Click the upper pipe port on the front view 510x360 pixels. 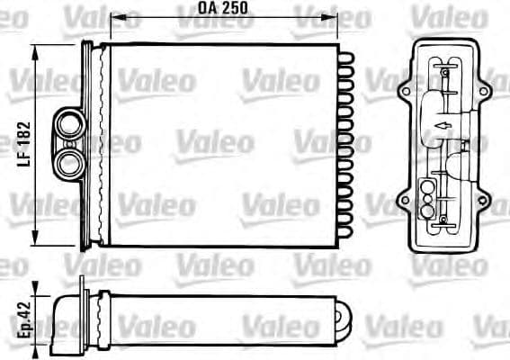point(69,123)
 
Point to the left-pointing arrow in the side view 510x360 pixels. point(441,126)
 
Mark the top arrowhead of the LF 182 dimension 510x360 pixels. point(37,49)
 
